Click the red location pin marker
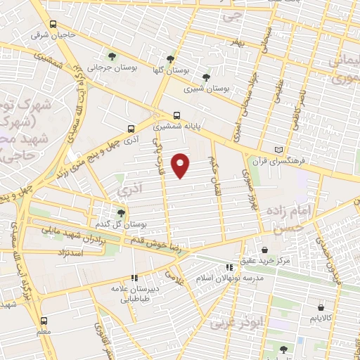click(181, 165)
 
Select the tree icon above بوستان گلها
click(170, 60)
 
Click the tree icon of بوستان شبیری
click(206, 77)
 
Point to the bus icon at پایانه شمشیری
click(176, 115)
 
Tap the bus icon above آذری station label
click(131, 129)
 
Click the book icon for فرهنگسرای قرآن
click(279, 150)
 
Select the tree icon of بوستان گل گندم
click(121, 212)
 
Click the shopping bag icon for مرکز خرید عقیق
click(264, 250)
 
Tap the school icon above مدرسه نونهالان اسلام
click(229, 267)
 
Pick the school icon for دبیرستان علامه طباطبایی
click(134, 278)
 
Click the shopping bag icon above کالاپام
click(321, 307)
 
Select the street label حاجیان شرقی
click(51, 33)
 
